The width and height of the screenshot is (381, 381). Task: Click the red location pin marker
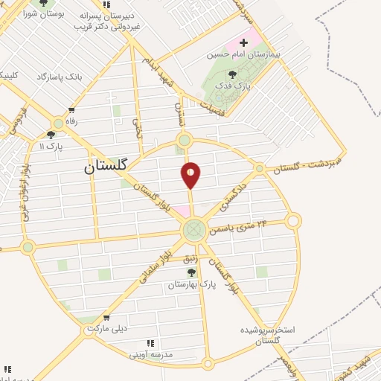(x=191, y=174)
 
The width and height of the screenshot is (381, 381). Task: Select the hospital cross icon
(x=243, y=42)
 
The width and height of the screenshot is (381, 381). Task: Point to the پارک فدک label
(x=231, y=86)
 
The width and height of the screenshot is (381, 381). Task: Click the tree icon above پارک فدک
(x=232, y=74)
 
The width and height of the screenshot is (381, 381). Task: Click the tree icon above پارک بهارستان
(x=191, y=272)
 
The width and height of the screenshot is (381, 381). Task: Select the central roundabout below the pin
(x=194, y=230)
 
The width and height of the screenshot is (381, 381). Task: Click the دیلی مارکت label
(x=108, y=327)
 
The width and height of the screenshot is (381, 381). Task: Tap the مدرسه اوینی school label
(x=151, y=354)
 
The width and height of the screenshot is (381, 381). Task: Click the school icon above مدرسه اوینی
(x=151, y=343)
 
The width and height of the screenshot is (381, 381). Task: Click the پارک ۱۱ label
(x=50, y=147)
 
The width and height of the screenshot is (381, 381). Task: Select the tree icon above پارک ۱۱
(x=51, y=135)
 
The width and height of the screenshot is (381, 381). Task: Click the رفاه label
(x=71, y=121)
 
